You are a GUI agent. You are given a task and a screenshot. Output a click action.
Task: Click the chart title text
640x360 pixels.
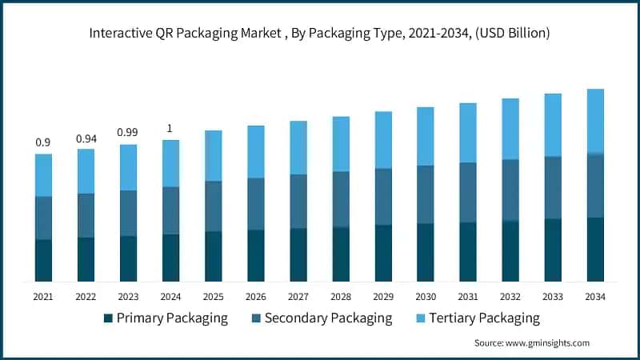point(319,33)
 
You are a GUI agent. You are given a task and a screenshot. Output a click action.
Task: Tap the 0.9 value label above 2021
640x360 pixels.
point(43,142)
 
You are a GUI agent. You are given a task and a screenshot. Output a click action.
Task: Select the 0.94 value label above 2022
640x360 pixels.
point(86,138)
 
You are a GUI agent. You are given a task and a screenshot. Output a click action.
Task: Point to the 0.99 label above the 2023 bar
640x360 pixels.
point(128,132)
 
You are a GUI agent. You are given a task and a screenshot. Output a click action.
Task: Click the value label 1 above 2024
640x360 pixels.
point(170,128)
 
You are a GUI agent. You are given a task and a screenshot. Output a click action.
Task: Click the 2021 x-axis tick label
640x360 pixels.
point(43,296)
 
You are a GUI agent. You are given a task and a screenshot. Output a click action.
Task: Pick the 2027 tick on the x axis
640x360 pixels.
point(298,296)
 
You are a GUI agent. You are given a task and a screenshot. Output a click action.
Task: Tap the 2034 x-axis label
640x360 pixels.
point(594,296)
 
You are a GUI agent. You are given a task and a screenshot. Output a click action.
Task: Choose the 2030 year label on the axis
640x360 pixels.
point(425,296)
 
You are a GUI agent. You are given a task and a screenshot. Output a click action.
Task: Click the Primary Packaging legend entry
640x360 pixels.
point(165,318)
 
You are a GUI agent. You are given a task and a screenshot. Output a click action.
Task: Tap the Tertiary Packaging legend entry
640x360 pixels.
point(477,318)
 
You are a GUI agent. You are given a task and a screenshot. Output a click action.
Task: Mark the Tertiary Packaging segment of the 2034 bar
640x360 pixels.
point(594,120)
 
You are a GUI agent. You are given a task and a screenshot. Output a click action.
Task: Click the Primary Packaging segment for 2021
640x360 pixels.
point(43,260)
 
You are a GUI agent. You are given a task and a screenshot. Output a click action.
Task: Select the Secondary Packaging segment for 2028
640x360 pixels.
point(340,199)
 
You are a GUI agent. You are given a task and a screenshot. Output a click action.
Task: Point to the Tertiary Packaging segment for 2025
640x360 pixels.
point(213,155)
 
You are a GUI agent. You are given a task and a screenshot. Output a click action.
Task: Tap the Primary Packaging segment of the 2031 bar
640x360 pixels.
point(467,251)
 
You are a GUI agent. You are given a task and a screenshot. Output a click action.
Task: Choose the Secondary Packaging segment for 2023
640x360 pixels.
point(128,213)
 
